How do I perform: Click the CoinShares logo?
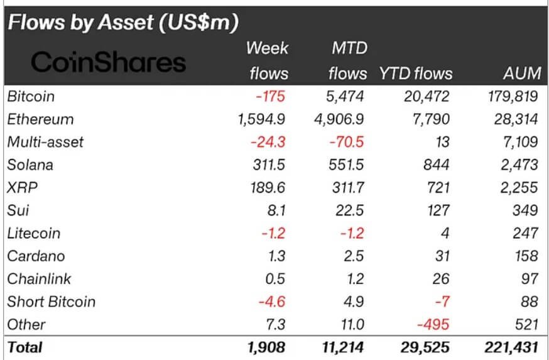click(109, 62)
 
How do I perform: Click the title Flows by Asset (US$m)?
click(123, 23)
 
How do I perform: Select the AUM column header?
click(522, 74)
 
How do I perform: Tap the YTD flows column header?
click(415, 74)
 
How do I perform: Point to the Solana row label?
click(30, 165)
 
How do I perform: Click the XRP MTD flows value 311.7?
click(346, 188)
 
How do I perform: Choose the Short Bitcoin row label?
click(52, 302)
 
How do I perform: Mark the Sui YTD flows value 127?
click(438, 210)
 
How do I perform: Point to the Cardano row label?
click(36, 256)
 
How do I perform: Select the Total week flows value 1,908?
click(266, 347)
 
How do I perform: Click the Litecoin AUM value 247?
click(525, 233)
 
